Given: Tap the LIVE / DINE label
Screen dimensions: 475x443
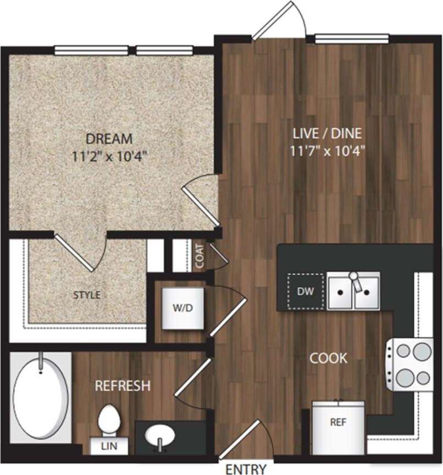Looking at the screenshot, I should tap(328, 133).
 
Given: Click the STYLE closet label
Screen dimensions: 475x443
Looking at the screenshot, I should tap(87, 295).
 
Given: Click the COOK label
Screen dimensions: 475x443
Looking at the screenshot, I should tap(329, 359).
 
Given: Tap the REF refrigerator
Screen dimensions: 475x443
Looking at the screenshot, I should tap(337, 424).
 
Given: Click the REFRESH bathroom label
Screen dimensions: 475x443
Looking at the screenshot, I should tap(123, 385).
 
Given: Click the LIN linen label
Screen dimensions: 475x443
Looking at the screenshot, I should tap(109, 446).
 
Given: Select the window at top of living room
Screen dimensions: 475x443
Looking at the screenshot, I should tap(352, 38).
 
